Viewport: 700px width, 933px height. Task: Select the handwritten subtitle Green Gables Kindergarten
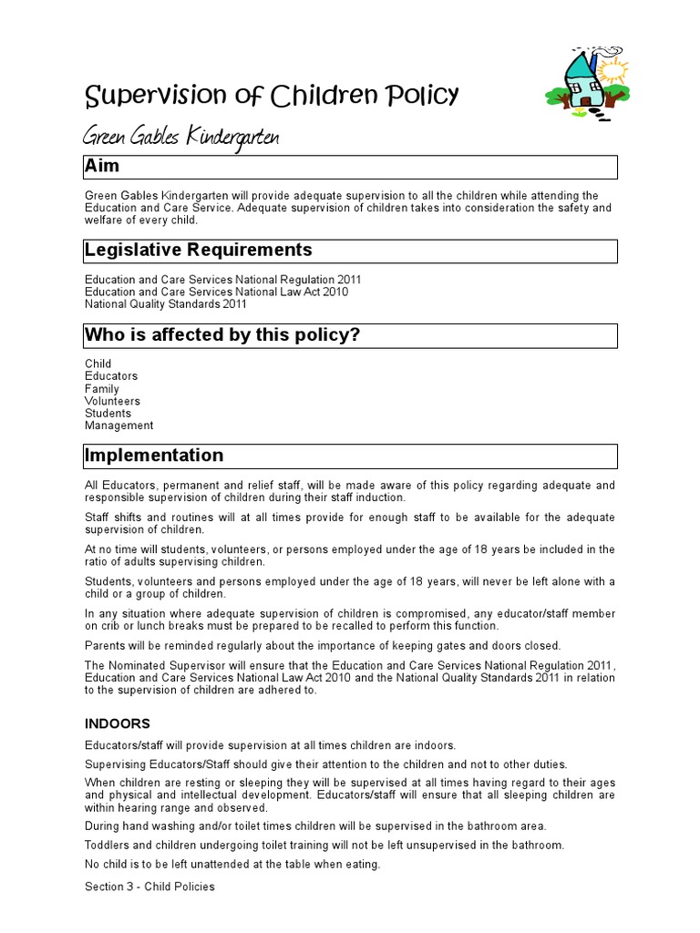(x=181, y=138)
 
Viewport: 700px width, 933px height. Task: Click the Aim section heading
(x=102, y=167)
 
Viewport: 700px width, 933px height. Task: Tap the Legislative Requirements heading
(x=198, y=251)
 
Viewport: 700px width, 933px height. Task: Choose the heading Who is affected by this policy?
(x=222, y=335)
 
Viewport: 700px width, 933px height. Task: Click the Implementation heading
(x=154, y=456)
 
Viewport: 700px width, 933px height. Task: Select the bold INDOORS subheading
(x=118, y=723)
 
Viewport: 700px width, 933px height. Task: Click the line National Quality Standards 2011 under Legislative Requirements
(x=165, y=304)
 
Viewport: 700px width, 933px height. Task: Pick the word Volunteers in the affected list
(x=112, y=401)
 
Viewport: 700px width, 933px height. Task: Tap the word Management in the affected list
(x=118, y=425)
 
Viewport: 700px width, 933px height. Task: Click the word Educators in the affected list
(x=111, y=376)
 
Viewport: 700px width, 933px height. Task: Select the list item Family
(x=102, y=389)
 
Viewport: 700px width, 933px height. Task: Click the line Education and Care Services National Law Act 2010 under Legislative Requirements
(x=216, y=292)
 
